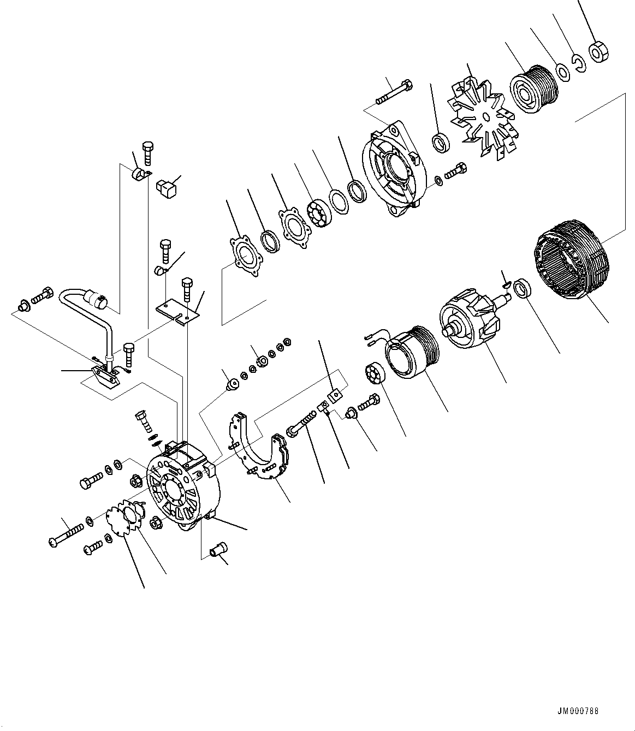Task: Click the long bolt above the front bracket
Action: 394,93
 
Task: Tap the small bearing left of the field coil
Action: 373,375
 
